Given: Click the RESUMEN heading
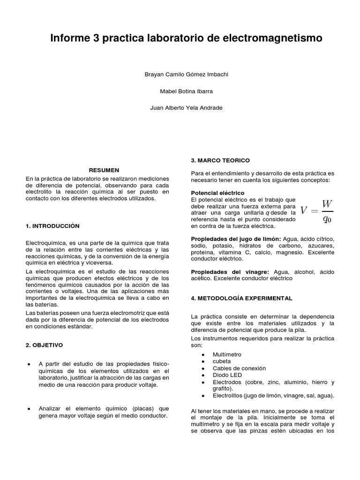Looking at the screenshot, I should [104, 170].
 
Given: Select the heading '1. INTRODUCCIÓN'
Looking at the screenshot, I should [53, 226].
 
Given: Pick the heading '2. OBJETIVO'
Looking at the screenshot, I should [45, 345].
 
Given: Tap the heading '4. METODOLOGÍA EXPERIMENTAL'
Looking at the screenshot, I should [241, 298].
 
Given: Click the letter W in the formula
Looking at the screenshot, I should [327, 204].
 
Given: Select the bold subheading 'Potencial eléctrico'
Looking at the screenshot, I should [217, 193].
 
